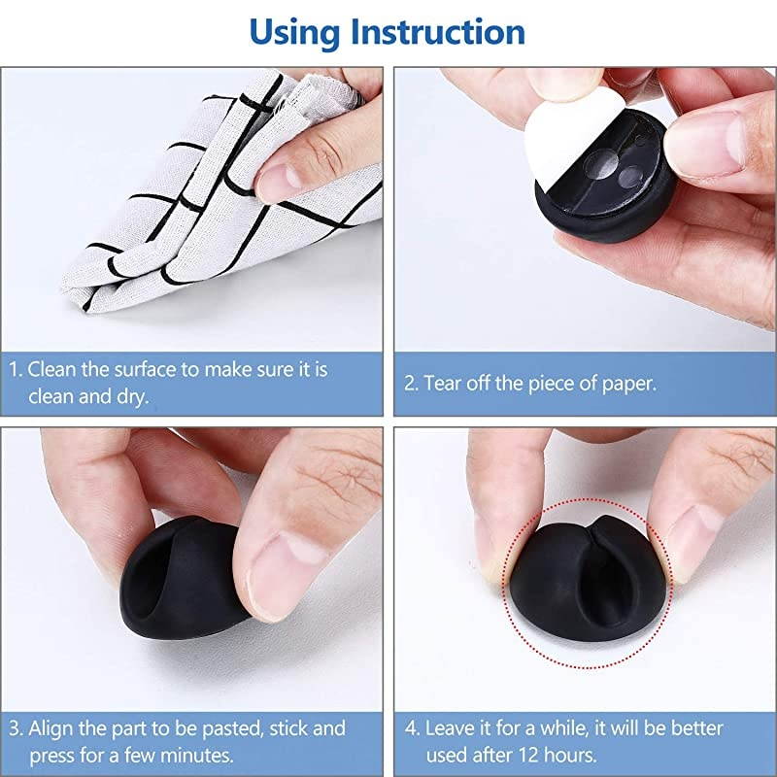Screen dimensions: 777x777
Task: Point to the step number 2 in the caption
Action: pos(411,382)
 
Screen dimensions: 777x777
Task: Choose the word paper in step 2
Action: pos(627,382)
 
